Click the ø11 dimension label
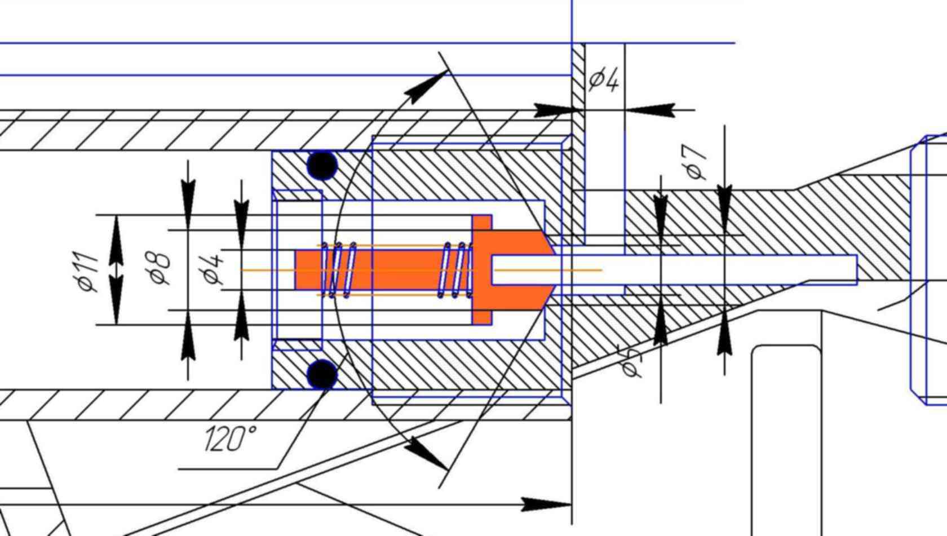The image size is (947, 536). [x=88, y=272]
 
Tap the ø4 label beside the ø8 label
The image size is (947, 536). [x=212, y=269]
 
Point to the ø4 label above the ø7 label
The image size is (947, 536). [x=604, y=79]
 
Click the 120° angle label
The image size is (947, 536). [x=230, y=438]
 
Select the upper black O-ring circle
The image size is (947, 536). [x=322, y=166]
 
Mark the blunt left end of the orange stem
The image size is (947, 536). [x=300, y=270]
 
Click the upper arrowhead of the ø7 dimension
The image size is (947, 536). [x=725, y=200]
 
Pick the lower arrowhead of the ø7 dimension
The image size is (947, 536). [x=725, y=339]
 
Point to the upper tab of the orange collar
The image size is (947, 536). [x=482, y=222]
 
